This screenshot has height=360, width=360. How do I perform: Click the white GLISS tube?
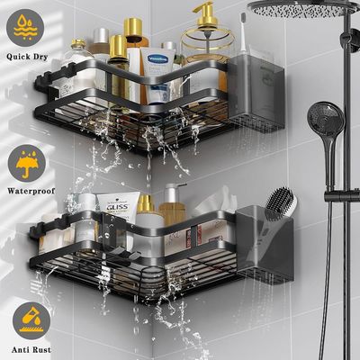[x=116, y=216]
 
